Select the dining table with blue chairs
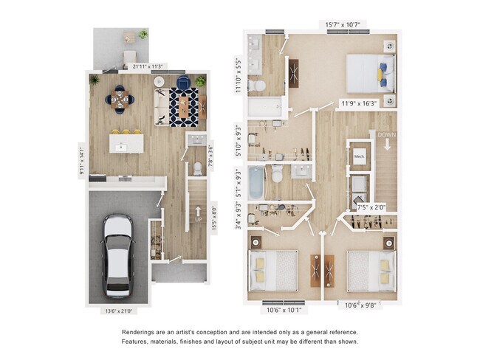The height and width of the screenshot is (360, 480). [x=120, y=98]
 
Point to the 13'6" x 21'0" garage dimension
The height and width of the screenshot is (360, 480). [x=120, y=311]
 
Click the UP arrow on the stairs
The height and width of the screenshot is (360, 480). [x=197, y=215]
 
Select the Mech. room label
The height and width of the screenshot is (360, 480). [x=360, y=157]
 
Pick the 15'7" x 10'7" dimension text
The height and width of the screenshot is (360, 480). [x=343, y=24]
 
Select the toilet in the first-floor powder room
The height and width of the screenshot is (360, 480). [x=196, y=167]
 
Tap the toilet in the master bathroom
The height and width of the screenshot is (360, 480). [x=256, y=86]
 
